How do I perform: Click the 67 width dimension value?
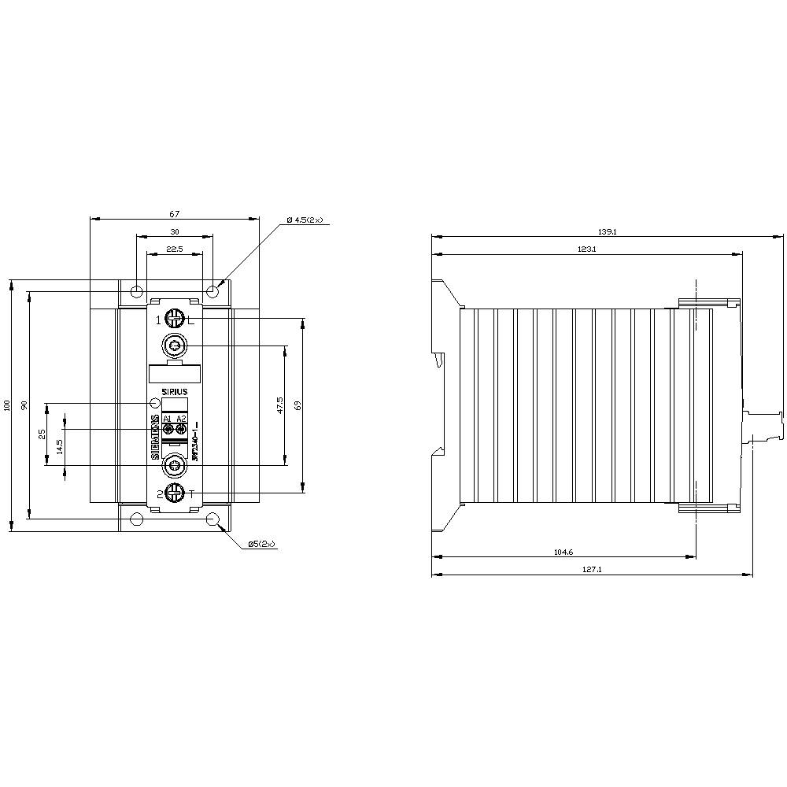coord(174,214)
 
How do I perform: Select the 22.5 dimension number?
coord(174,249)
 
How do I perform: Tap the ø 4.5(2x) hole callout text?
coord(305,220)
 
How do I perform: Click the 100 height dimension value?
coord(7,405)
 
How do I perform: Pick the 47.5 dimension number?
coord(279,405)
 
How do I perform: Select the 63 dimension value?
coord(297,405)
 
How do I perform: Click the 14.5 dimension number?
coord(60,446)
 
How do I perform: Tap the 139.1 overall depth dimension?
coord(607,232)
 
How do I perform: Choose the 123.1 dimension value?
coord(587,249)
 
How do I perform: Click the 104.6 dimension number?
coord(563,552)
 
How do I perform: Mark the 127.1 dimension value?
coord(593,570)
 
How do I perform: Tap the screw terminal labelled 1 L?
coord(175,320)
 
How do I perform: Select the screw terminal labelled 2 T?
coord(175,493)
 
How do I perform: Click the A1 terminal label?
coord(168,418)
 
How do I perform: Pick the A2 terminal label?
coord(182,418)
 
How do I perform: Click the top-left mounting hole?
coord(137,292)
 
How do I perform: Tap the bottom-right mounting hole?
coord(212,519)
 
